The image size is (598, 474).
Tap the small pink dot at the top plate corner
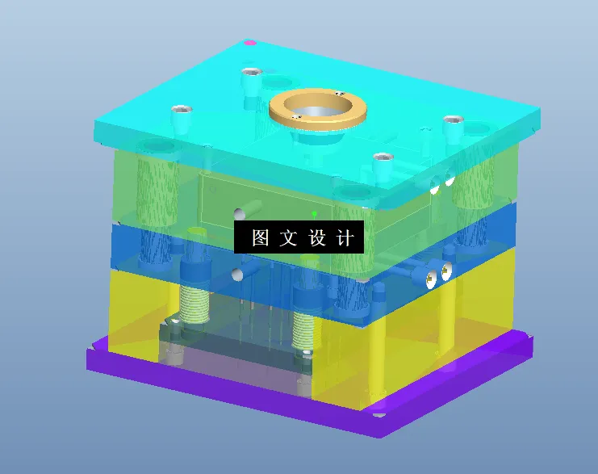point(250,42)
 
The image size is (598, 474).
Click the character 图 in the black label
point(260,238)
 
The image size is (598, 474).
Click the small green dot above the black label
point(314,213)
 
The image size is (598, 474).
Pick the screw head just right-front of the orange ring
point(382,157)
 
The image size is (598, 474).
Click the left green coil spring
point(194,308)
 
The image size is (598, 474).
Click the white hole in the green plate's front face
point(239,215)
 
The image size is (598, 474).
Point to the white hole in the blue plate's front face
point(239,275)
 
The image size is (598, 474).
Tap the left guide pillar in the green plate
point(157,190)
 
